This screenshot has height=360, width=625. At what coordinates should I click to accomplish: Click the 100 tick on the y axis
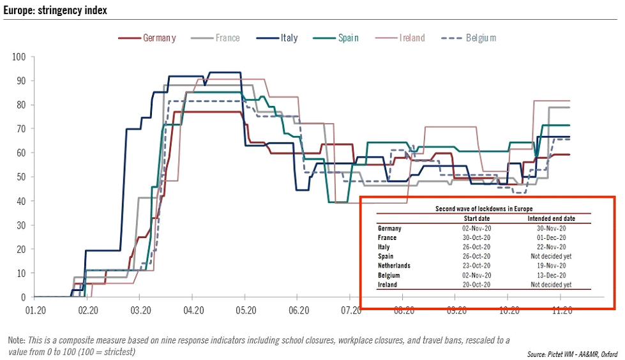pos(19,57)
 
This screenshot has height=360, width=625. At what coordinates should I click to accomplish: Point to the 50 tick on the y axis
pos(20,177)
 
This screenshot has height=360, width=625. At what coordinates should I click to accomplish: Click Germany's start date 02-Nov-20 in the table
pos(475,228)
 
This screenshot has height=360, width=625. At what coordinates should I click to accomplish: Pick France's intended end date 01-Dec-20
pos(551,237)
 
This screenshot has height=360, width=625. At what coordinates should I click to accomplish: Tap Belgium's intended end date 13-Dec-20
pos(551,275)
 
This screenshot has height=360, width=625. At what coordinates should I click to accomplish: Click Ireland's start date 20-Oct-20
pos(475,285)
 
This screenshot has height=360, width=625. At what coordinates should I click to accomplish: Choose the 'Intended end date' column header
pos(551,218)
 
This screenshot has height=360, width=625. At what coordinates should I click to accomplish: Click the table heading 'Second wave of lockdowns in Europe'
pos(484,209)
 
